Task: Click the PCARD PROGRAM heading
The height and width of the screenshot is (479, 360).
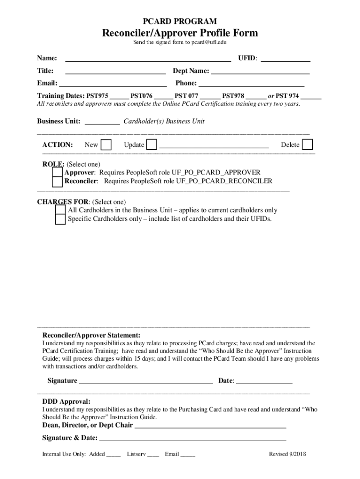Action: pos(180,22)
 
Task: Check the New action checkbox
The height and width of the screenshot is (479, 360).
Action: pos(107,145)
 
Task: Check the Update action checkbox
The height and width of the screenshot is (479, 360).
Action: pos(151,145)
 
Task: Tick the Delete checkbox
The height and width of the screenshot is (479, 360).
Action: pos(308,145)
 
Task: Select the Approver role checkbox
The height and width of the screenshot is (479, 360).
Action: pos(57,173)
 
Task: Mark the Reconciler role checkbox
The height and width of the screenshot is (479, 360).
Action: pos(57,182)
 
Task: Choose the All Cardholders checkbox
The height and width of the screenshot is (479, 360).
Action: pos(60,210)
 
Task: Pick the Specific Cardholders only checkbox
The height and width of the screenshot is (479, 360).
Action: pos(60,219)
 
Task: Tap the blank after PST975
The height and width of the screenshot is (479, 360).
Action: pos(119,97)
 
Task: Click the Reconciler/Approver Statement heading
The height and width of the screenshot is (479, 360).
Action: pos(91,335)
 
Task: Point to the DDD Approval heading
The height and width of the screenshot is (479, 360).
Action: pos(66,401)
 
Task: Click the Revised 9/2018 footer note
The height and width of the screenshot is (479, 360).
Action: pos(287,454)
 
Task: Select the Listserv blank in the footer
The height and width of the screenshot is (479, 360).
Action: pos(153,455)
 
